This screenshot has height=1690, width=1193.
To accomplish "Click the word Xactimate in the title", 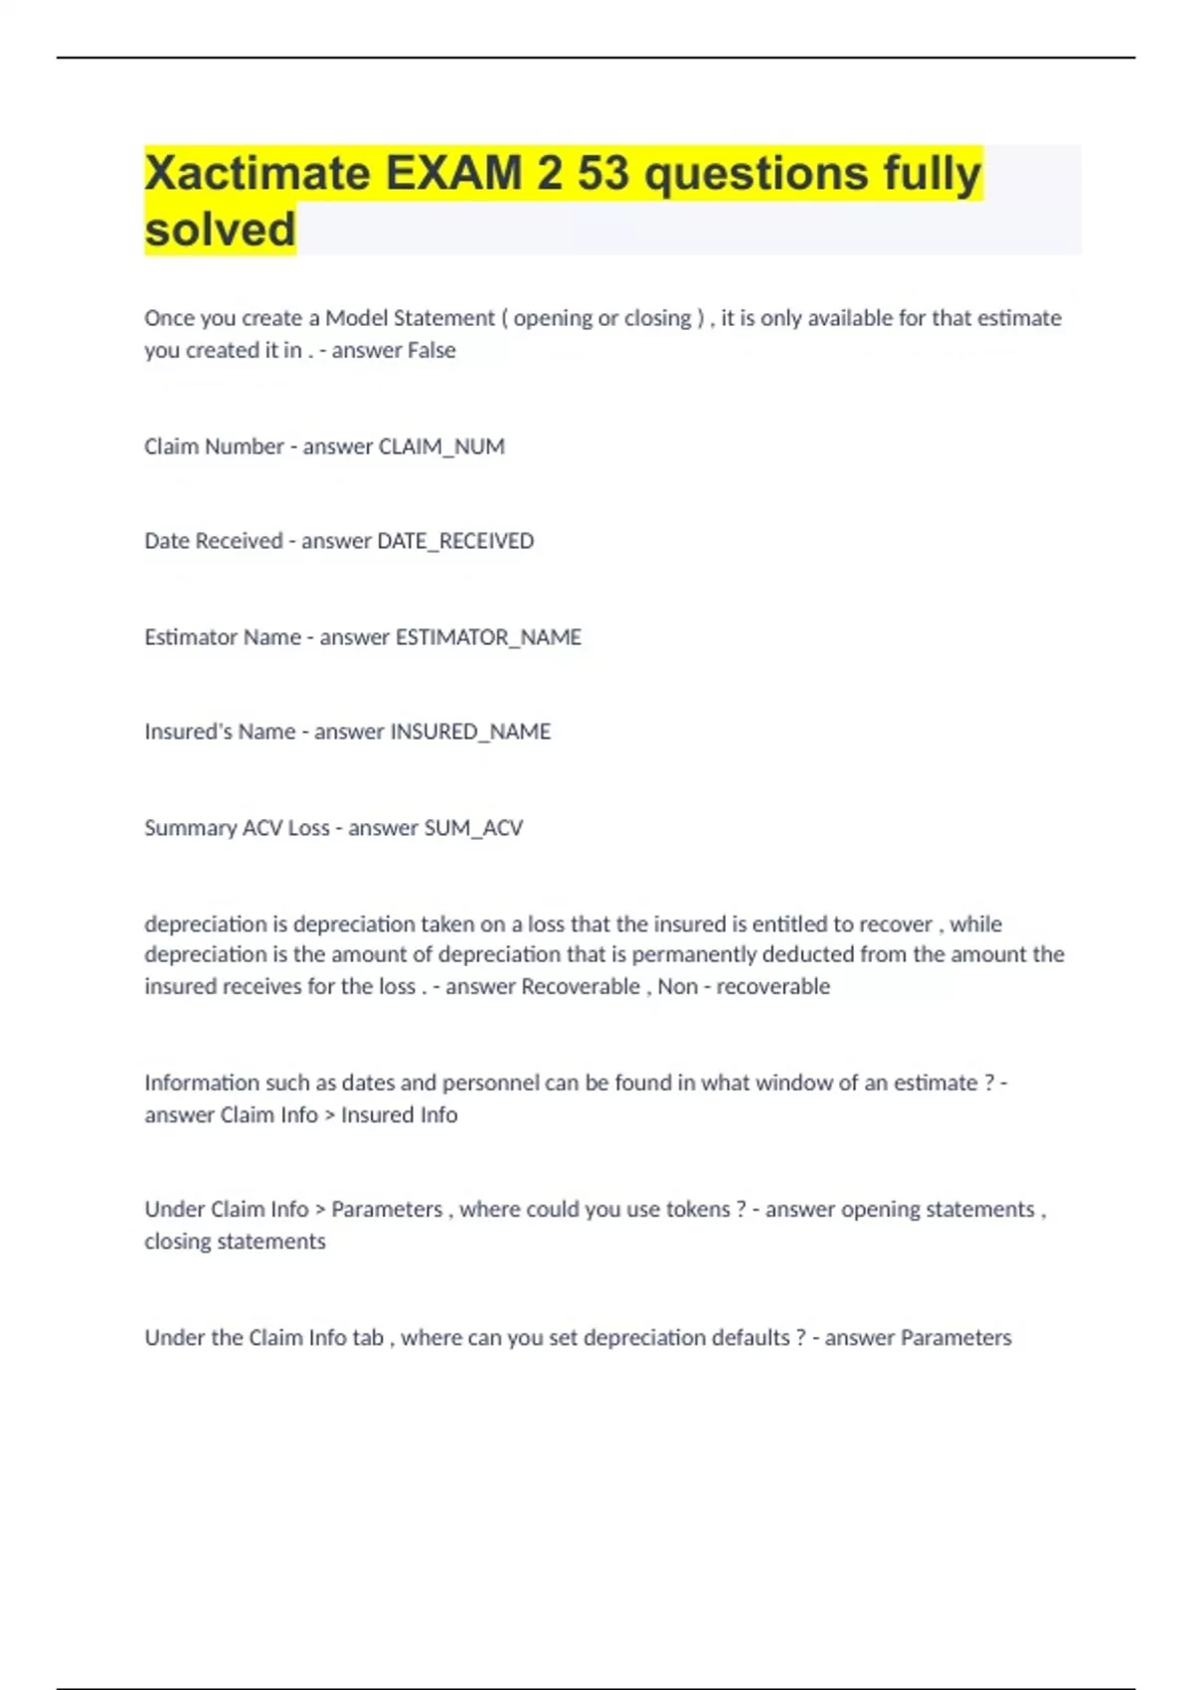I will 257,173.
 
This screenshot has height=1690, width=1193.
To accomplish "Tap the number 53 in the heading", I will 603,173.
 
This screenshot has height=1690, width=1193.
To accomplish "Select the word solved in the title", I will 220,230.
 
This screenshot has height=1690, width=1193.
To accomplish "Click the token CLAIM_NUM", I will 441,446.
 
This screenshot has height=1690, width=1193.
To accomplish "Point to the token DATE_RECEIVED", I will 455,541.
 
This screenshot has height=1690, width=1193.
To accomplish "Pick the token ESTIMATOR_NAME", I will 488,637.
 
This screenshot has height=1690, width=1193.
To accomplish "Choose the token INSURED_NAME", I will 470,732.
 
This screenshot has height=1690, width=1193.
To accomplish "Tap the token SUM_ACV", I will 473,828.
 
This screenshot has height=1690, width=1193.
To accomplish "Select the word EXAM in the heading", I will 452,173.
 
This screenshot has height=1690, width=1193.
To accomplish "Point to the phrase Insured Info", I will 399,1114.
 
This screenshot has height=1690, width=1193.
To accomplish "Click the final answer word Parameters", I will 955,1337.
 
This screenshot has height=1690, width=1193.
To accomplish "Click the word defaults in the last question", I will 754,1337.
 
